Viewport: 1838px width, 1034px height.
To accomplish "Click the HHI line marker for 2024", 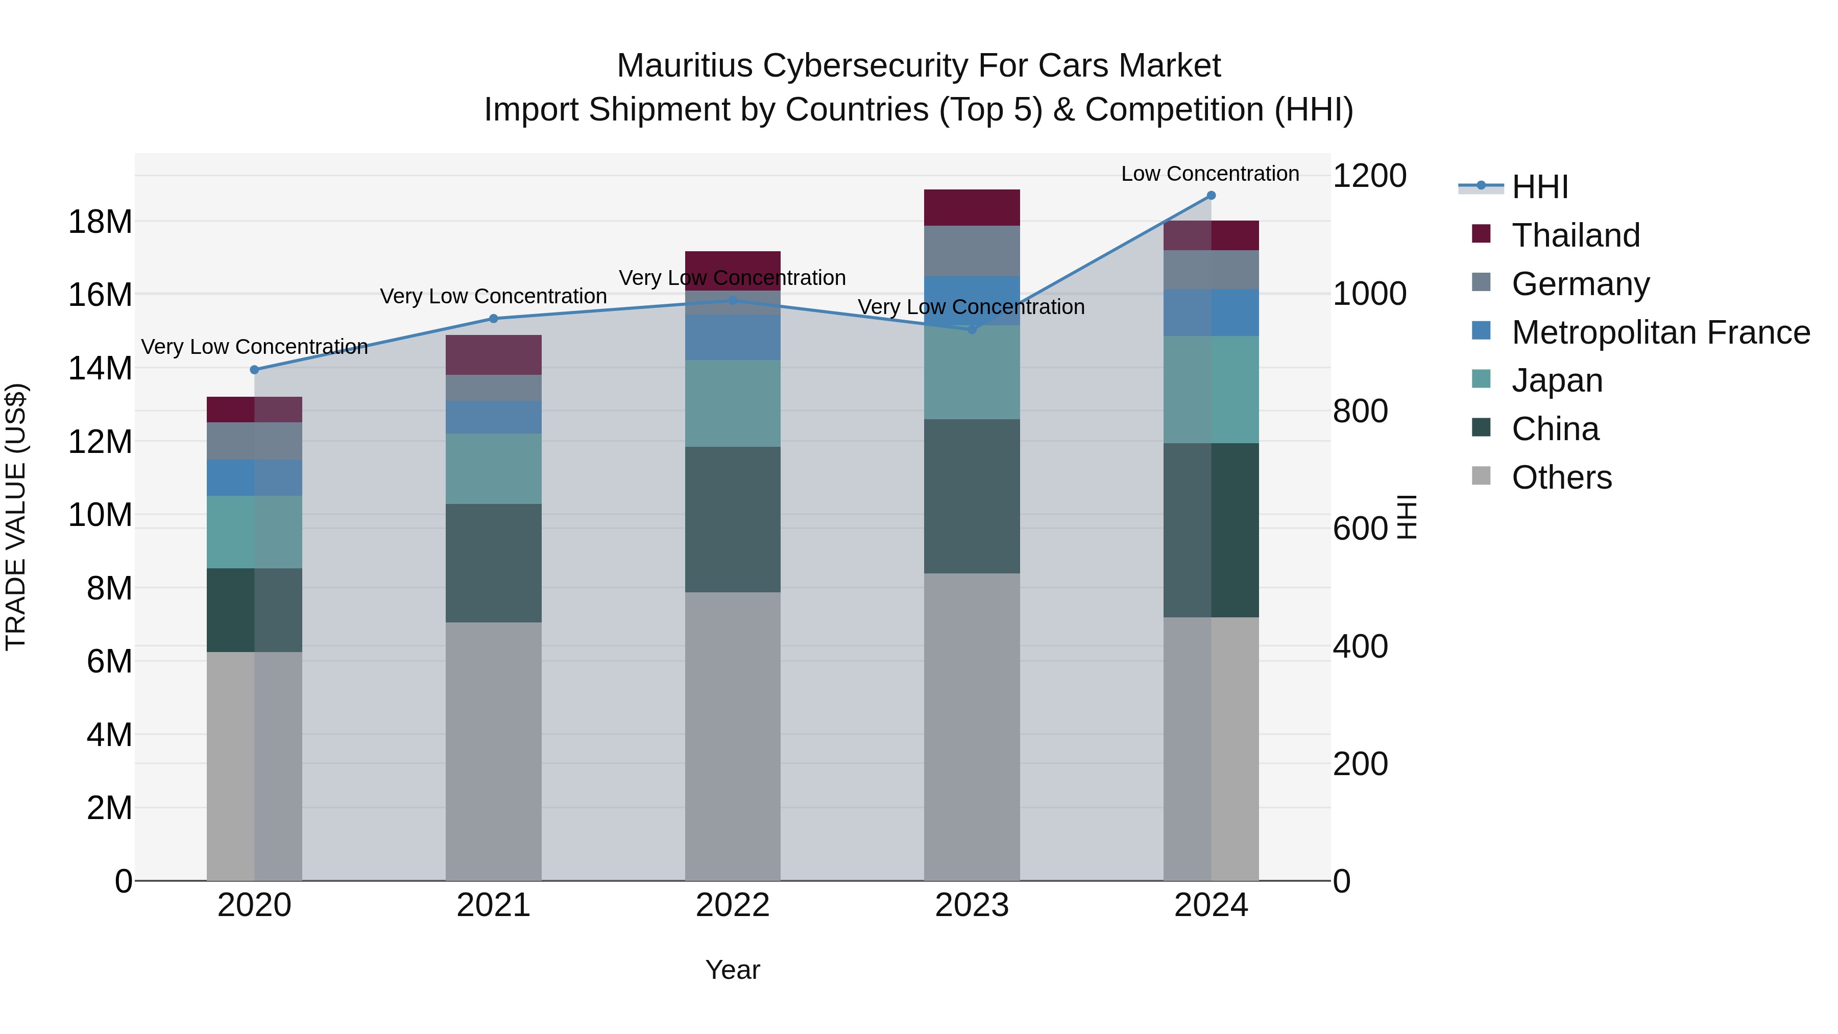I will click(1211, 196).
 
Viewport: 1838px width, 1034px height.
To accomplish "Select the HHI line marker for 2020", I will click(255, 370).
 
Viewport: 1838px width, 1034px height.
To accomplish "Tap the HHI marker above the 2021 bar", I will click(494, 319).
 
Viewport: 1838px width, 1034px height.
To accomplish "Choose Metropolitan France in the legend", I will click(1660, 332).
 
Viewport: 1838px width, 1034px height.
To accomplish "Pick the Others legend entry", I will click(1561, 477).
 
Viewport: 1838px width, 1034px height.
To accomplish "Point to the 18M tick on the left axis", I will click(100, 222).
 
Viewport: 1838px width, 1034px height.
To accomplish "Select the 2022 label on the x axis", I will click(733, 905).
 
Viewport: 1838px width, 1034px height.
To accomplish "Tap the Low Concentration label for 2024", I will click(1210, 174).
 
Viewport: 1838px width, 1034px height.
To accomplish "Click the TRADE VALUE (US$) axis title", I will click(16, 517).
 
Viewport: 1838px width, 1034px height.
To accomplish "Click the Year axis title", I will click(733, 970).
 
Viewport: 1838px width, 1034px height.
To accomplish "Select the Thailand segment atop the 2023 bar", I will click(972, 208).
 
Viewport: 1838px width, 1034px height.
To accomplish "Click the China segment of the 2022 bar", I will click(733, 519).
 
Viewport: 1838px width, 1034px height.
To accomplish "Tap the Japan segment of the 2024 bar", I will click(1211, 390).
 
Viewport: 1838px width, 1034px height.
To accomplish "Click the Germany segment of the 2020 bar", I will click(255, 441).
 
